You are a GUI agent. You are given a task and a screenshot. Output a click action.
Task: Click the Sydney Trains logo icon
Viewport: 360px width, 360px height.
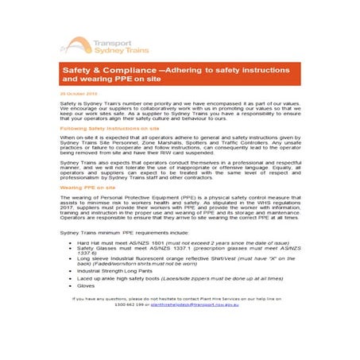tap(78, 45)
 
